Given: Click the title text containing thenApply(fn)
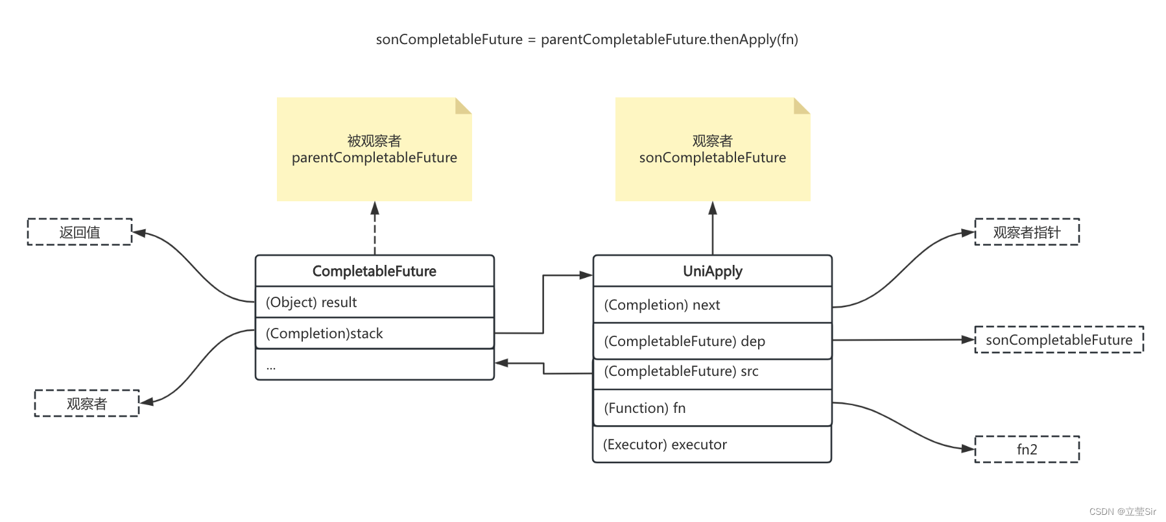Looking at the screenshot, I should [587, 40].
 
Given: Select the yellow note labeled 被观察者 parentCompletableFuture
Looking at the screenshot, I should [374, 149].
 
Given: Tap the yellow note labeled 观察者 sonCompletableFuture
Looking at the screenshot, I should [712, 149].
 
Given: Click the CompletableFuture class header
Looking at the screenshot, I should [374, 271].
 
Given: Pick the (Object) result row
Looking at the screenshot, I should [374, 302].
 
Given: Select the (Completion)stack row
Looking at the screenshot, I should [374, 333].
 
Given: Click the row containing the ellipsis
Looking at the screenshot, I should [374, 365].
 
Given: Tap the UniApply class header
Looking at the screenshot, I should [712, 271].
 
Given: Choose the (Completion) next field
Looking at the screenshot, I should [712, 304].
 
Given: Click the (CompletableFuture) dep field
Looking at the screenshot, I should [712, 341].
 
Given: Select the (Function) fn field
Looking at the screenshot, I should [712, 408].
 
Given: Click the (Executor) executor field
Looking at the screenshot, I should [712, 445].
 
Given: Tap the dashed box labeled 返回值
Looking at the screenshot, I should [80, 232].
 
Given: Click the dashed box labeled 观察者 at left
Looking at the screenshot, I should [86, 403].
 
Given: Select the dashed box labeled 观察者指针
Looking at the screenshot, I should [1027, 232].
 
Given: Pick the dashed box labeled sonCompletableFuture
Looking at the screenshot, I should [1059, 340].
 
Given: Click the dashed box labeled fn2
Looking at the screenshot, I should [1027, 449].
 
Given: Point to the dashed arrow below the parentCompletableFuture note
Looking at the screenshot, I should [375, 229].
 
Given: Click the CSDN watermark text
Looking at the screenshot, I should [1123, 512].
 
